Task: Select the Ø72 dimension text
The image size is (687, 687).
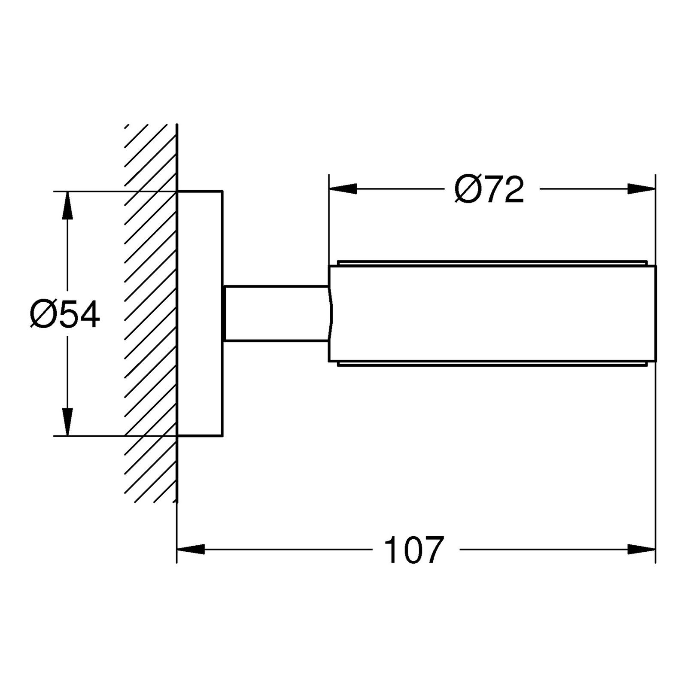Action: (x=489, y=189)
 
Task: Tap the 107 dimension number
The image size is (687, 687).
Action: (x=413, y=550)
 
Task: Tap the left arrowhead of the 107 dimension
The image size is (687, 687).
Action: (x=191, y=549)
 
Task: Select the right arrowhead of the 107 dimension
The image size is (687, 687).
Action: (x=641, y=549)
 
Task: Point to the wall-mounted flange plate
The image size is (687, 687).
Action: (x=200, y=313)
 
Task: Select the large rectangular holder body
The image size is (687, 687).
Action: (x=492, y=313)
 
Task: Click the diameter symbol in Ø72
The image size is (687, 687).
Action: (x=467, y=189)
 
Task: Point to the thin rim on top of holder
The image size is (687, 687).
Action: (x=492, y=262)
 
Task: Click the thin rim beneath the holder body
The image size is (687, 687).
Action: (x=492, y=364)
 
